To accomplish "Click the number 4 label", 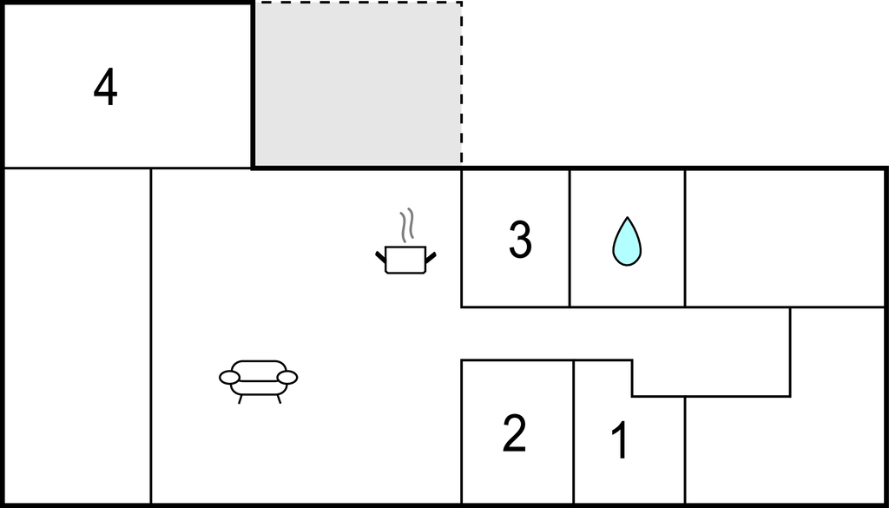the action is (x=105, y=88).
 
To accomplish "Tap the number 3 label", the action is (x=520, y=240).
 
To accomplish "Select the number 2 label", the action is (x=514, y=433).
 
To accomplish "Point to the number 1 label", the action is (x=620, y=441).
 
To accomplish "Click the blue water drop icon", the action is (x=627, y=241).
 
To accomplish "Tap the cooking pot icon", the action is (x=405, y=260).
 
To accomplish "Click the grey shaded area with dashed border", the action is (x=357, y=84).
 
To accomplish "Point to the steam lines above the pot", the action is (x=406, y=225).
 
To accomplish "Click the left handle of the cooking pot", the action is (x=380, y=257).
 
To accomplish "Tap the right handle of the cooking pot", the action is (x=431, y=257).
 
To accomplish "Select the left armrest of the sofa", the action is (x=229, y=378).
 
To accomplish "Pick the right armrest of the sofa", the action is (x=287, y=378).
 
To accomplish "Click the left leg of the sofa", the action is (x=240, y=399).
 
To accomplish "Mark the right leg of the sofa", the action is (x=279, y=399).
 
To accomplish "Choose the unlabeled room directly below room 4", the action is (x=77, y=336).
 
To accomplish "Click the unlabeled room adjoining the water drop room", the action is (x=785, y=238).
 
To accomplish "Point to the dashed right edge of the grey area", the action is (x=462, y=84).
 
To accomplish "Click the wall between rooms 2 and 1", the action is (x=574, y=432).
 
